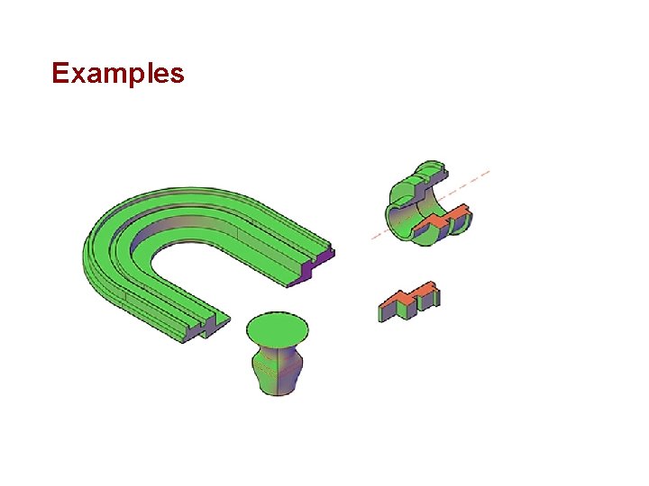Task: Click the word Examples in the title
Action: click(x=118, y=73)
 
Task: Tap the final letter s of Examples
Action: click(x=177, y=75)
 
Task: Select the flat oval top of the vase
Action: click(x=278, y=329)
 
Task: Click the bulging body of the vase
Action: click(x=277, y=370)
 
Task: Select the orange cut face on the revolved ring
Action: click(x=441, y=216)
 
